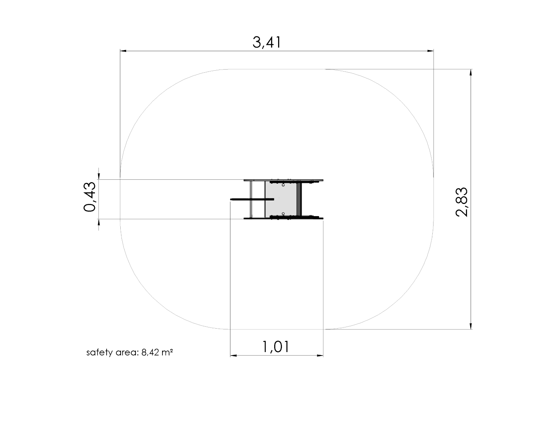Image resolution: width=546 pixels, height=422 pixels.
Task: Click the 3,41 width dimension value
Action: pos(267,42)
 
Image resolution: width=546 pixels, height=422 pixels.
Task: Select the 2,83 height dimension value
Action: pos(462,202)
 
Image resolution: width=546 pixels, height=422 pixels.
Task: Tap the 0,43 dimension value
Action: pos(90,197)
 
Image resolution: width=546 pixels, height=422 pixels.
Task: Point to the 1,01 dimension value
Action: pos(276,347)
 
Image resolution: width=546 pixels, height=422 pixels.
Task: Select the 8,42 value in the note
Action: pos(150,352)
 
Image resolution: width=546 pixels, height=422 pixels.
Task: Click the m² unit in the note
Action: pos(167,352)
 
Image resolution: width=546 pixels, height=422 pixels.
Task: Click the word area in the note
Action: pos(127,353)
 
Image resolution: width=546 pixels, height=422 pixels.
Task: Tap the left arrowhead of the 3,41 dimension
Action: pos(123,51)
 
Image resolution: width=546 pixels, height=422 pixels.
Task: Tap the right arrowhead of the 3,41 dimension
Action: pos(430,51)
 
